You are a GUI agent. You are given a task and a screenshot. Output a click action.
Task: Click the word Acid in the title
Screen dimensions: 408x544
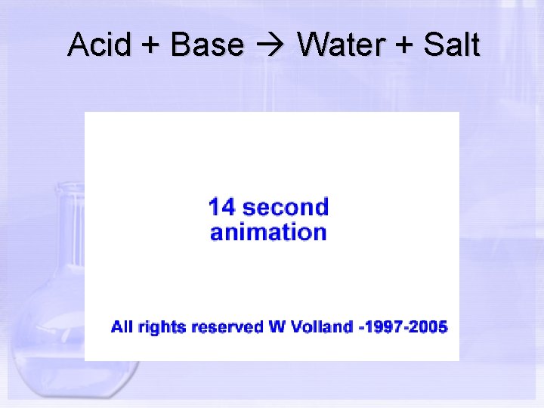(94, 45)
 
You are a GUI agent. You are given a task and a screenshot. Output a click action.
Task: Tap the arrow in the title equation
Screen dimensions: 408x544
(270, 46)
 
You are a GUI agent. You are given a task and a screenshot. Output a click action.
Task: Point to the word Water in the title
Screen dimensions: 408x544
(341, 45)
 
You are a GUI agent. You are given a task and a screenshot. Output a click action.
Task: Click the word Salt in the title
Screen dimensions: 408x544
(451, 45)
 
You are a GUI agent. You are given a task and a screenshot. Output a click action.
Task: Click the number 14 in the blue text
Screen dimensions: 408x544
(224, 207)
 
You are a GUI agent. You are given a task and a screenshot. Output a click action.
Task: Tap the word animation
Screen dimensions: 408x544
(268, 232)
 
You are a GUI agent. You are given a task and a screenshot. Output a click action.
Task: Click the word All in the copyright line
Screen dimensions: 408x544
(122, 327)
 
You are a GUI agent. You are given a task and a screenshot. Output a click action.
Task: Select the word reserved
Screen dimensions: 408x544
(227, 327)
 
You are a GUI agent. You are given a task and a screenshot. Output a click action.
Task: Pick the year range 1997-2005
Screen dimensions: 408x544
(406, 327)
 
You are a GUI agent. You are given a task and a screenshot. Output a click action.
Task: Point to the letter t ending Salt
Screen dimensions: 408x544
(474, 46)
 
